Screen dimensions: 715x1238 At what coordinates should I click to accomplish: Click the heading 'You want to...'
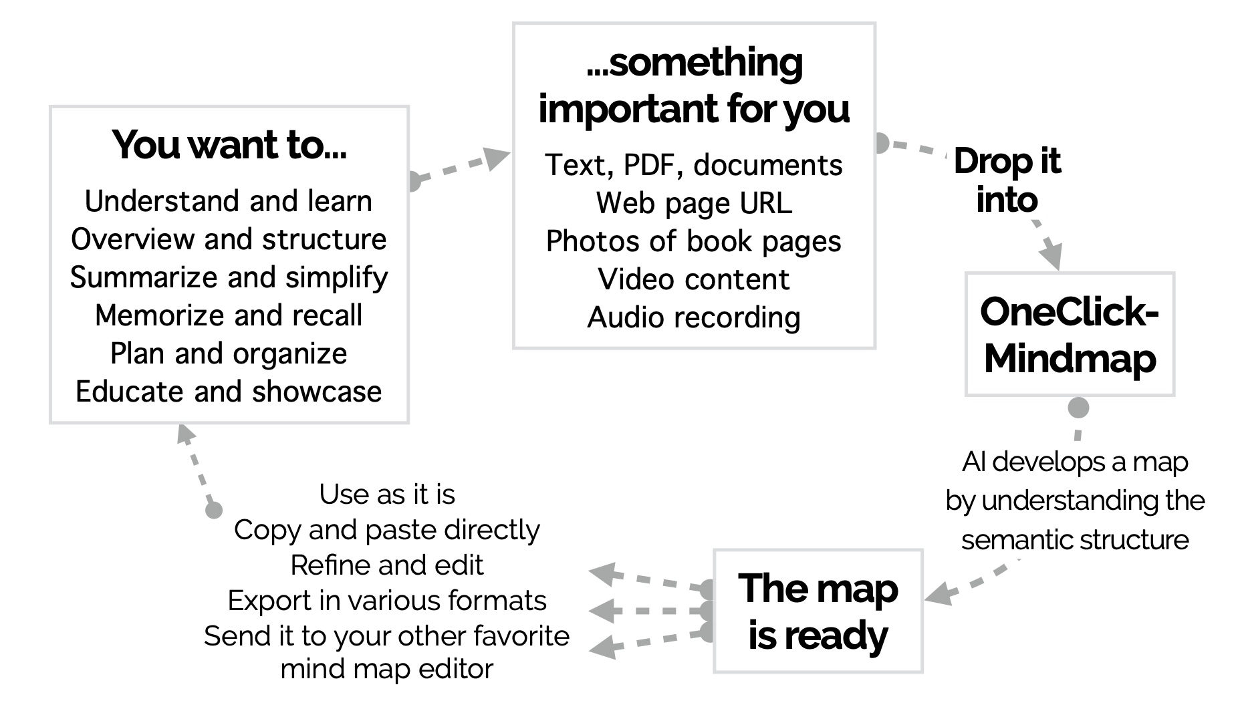[x=229, y=145]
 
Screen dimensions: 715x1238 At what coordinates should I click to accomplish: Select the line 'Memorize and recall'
[x=229, y=315]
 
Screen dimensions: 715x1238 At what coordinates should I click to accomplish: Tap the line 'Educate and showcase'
[x=229, y=392]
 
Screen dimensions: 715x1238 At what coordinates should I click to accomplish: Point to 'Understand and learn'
[x=229, y=201]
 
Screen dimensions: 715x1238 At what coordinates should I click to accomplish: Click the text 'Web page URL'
[x=694, y=203]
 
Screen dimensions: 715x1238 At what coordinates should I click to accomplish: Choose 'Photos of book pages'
[x=694, y=241]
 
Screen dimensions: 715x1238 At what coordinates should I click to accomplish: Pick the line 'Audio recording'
[x=694, y=317]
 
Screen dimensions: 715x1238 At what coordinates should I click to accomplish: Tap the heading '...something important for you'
[x=694, y=86]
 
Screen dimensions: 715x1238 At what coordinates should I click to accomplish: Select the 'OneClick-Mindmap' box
[x=1069, y=335]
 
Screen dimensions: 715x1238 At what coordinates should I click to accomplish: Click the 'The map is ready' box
[x=818, y=611]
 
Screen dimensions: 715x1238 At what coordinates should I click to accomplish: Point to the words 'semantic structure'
[x=1074, y=540]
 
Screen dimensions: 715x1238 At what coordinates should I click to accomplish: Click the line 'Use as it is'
[x=387, y=494]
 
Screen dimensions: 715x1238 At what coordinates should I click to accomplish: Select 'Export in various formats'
[x=387, y=601]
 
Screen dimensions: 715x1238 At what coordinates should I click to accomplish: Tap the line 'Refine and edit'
[x=387, y=565]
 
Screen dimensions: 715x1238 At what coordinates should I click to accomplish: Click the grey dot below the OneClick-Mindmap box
[x=1078, y=408]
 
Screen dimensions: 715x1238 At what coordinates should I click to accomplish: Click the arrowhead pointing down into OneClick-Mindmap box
[x=1052, y=257]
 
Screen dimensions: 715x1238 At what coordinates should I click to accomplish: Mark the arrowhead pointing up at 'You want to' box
[x=185, y=434]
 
